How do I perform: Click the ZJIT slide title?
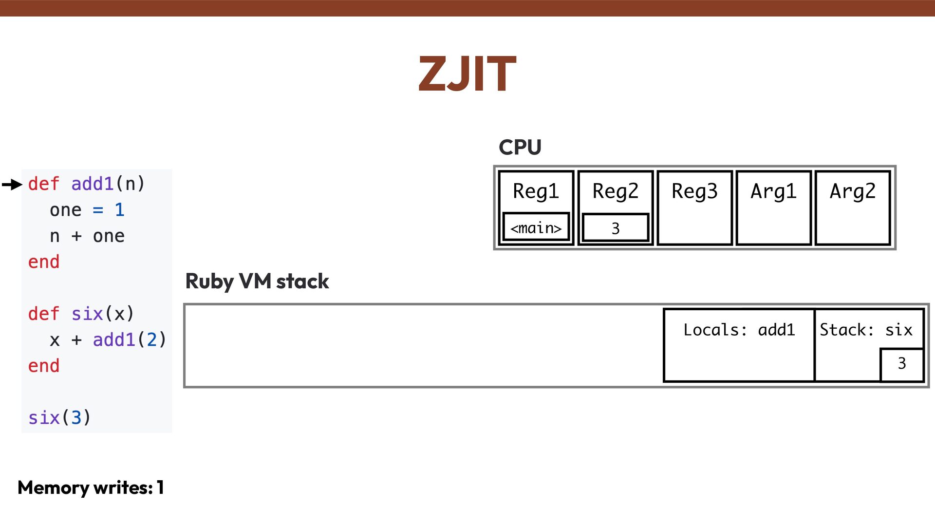(467, 74)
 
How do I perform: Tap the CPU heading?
(520, 147)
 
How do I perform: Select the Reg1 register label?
(536, 191)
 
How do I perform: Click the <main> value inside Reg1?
(536, 227)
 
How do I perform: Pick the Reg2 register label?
(615, 191)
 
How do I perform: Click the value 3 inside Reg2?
(615, 228)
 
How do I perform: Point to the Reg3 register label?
(694, 191)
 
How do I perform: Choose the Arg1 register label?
(773, 191)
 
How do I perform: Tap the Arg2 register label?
(852, 191)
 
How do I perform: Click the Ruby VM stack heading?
(257, 282)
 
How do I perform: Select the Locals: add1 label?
(739, 330)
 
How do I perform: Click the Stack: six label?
(866, 330)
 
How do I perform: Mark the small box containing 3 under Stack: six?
(902, 363)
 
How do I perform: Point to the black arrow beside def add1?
(12, 184)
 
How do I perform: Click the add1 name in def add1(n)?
(93, 184)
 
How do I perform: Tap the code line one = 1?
(87, 210)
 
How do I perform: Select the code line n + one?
(87, 236)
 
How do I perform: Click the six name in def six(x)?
(87, 314)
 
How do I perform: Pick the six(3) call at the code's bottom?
(59, 418)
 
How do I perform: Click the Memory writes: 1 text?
(91, 488)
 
